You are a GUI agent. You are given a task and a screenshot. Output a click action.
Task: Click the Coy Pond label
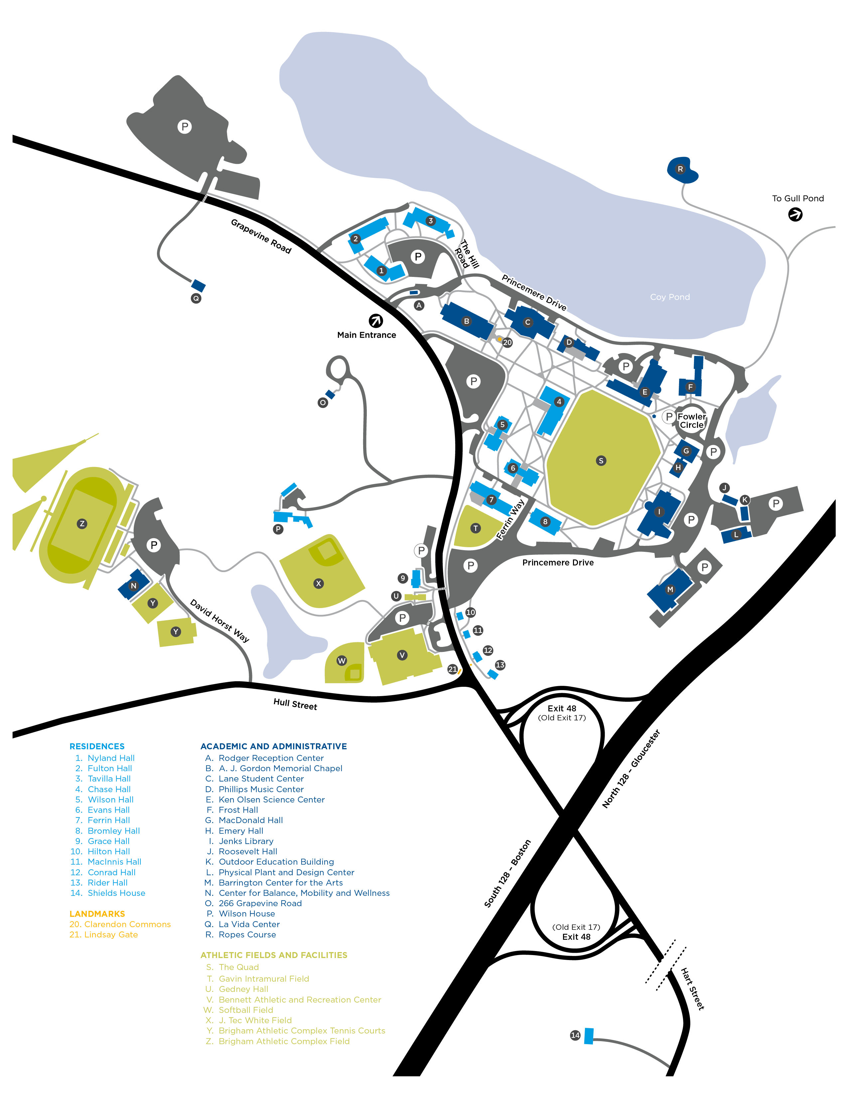670,297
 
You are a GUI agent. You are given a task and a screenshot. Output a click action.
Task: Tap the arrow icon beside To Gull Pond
795,214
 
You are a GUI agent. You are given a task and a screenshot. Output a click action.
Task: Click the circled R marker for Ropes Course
680,169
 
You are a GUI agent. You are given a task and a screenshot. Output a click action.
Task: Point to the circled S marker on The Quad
601,461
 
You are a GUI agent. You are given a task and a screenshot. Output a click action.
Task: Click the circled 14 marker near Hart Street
575,1035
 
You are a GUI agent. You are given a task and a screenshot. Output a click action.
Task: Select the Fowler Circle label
692,421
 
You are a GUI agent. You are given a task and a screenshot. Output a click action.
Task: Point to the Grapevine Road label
261,236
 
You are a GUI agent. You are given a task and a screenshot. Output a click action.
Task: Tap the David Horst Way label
219,620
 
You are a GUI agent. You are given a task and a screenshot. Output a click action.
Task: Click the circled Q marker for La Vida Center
196,299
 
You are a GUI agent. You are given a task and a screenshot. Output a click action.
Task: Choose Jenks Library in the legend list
246,841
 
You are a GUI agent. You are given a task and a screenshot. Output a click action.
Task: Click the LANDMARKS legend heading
97,914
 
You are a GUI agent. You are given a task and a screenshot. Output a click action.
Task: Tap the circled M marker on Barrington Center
670,589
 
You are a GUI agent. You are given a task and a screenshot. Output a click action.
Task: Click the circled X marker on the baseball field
318,583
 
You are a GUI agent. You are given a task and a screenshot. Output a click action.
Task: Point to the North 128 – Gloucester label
631,769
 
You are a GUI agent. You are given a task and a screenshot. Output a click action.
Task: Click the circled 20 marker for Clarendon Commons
507,342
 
